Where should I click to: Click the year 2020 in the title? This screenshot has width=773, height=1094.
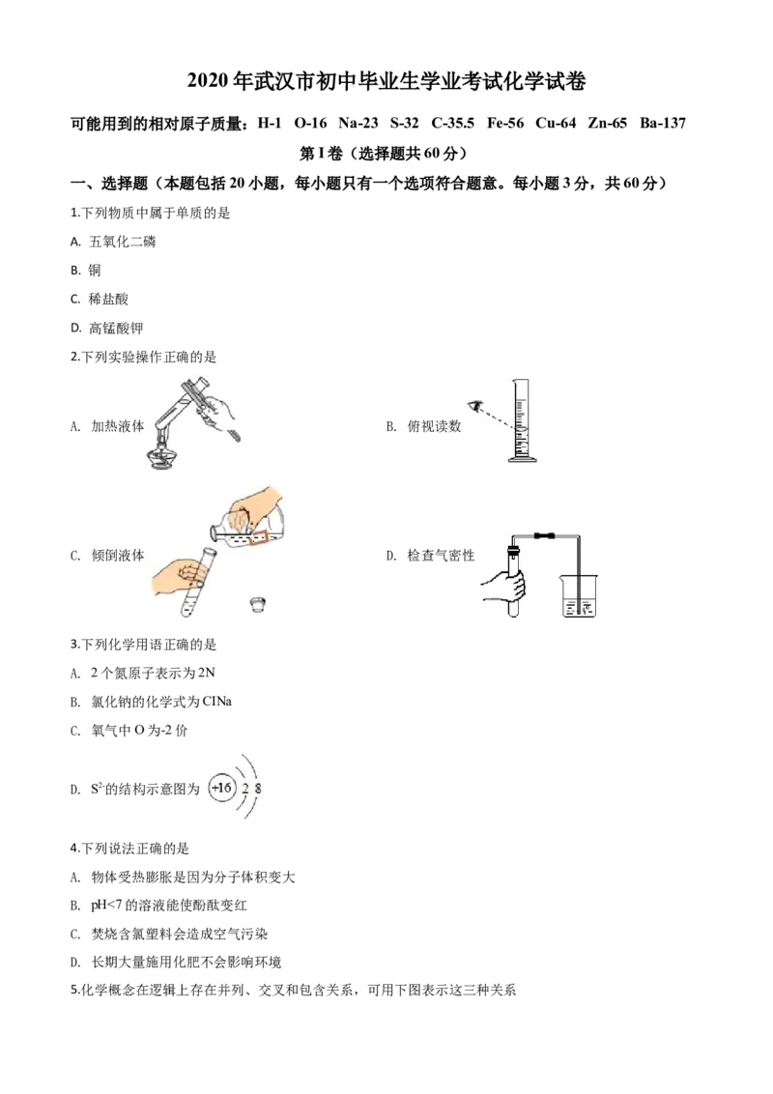tap(207, 81)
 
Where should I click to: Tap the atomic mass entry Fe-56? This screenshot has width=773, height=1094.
tap(505, 124)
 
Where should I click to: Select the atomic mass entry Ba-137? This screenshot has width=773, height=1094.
tap(663, 124)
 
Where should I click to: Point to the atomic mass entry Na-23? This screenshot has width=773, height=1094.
tap(358, 124)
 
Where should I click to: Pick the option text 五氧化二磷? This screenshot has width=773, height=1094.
tap(123, 242)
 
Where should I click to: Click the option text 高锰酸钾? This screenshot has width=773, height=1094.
tap(116, 328)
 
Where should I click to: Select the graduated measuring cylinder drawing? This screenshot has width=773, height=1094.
tap(521, 420)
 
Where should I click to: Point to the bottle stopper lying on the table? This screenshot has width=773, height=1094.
tap(258, 603)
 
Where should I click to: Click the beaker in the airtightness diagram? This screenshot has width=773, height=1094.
tap(579, 596)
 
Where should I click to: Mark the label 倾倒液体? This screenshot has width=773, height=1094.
tap(118, 556)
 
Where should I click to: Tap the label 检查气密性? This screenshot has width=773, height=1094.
tap(441, 556)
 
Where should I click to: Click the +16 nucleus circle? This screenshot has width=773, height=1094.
tap(222, 789)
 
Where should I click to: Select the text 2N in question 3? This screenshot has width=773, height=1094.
tap(207, 673)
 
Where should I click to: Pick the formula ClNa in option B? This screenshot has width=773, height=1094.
tap(217, 702)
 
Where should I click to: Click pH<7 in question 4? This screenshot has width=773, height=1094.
tap(106, 906)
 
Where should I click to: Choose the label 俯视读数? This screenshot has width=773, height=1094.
tap(434, 426)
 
